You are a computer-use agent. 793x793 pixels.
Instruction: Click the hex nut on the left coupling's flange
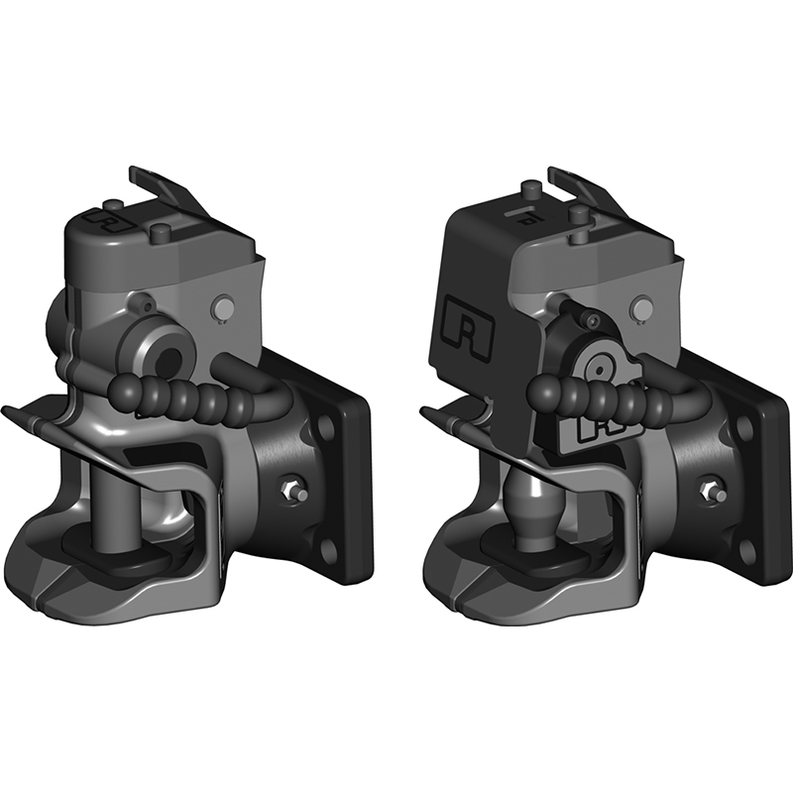292,489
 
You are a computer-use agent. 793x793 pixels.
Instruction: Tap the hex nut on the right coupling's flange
712,490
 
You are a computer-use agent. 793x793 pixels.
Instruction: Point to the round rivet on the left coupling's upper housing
225,308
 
